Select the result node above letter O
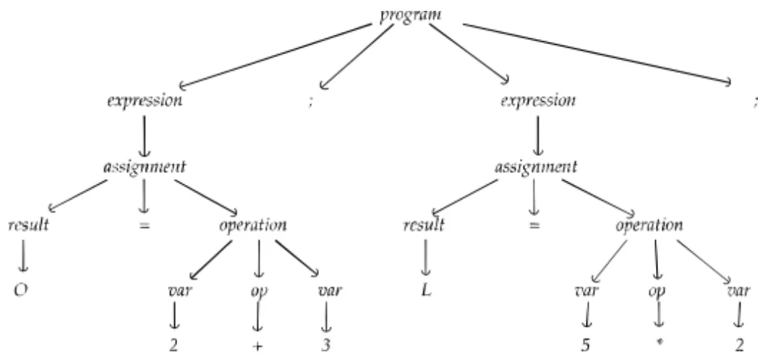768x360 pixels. tap(28, 225)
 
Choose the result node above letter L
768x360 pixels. tap(424, 225)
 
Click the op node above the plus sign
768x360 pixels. tap(258, 292)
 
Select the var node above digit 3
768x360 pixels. tap(329, 292)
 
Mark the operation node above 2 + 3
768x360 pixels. tap(252, 225)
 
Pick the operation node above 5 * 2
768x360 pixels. tap(649, 225)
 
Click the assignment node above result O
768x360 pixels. tap(145, 167)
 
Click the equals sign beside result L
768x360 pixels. tap(534, 226)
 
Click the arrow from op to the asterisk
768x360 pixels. tap(659, 318)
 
